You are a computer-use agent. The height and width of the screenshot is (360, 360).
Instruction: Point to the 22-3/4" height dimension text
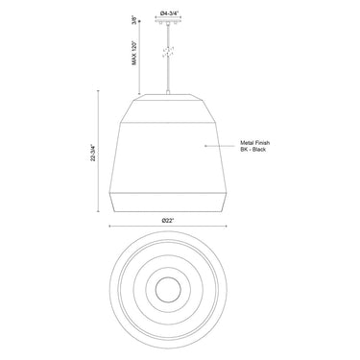click(x=94, y=153)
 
